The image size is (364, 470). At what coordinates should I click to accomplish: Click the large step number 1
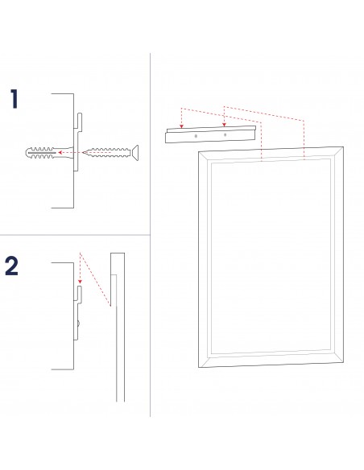[14, 99]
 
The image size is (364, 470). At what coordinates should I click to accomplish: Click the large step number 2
[12, 266]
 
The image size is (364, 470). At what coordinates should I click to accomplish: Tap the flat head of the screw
[135, 153]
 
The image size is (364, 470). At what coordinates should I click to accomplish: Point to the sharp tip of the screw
[82, 153]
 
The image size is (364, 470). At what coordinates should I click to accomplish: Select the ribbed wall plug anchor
[49, 153]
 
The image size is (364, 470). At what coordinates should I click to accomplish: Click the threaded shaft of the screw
[107, 153]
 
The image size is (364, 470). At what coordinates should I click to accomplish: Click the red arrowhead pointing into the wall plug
[60, 153]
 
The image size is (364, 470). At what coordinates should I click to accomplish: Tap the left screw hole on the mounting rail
[196, 136]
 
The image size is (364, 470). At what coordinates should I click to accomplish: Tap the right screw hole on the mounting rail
[225, 134]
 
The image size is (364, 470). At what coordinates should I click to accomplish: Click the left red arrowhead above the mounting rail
[181, 126]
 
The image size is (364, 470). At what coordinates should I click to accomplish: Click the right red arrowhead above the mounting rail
[224, 125]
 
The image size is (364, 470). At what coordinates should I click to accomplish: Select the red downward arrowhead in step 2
[80, 282]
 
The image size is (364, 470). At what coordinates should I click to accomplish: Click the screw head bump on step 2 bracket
[79, 324]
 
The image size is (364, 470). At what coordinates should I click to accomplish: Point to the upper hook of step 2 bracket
[80, 293]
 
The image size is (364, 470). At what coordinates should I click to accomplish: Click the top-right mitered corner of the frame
[337, 153]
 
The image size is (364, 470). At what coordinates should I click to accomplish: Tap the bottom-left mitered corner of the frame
[205, 361]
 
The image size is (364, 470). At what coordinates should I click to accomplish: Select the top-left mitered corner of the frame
[205, 157]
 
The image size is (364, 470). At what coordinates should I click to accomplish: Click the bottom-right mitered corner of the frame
[337, 356]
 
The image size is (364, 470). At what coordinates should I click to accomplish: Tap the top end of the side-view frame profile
[118, 254]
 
